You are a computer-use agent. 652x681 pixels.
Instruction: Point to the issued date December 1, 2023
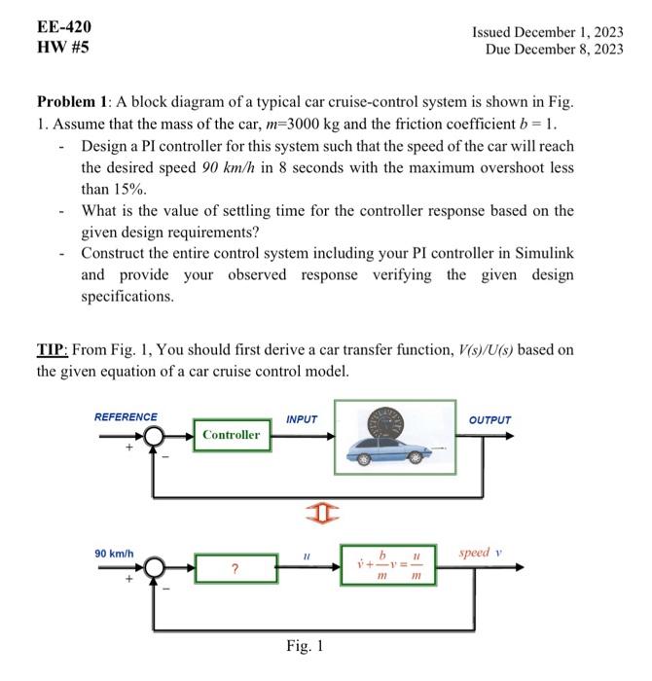coord(547,31)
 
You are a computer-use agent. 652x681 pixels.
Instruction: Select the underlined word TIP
coord(51,349)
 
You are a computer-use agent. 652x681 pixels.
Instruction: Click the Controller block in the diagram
coord(232,435)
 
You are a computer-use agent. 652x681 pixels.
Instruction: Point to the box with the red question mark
coord(234,569)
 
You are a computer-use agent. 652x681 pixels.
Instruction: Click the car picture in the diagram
coord(394,436)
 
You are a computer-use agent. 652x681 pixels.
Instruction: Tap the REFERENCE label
coord(126,417)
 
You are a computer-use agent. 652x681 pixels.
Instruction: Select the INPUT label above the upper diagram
coord(302,419)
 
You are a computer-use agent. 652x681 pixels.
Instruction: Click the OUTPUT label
coord(489,420)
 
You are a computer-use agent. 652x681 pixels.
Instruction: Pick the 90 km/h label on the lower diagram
coord(114,554)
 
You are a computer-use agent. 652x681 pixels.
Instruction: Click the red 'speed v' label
coord(481,553)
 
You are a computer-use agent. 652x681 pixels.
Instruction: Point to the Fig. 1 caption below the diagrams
coord(305,645)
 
